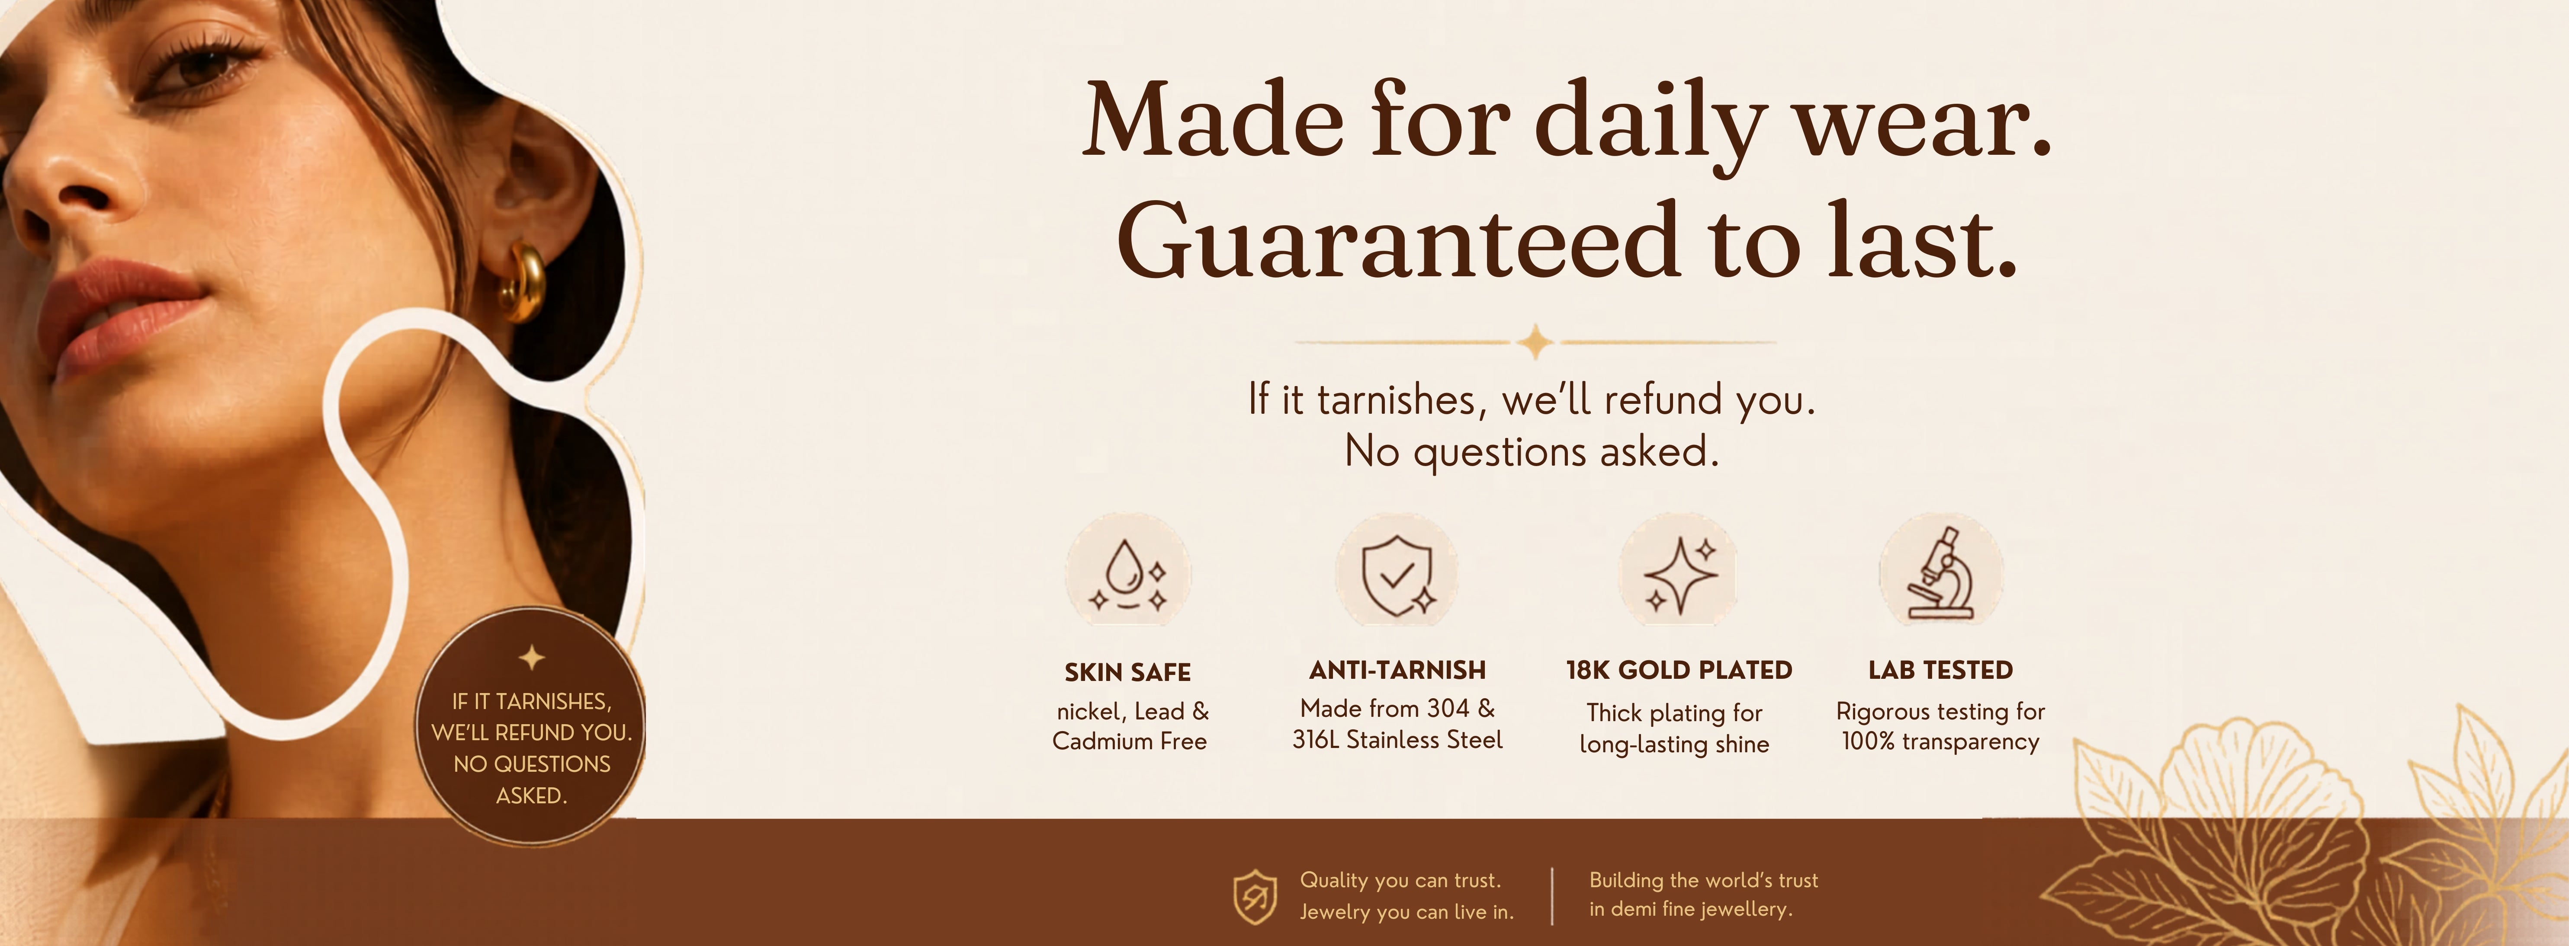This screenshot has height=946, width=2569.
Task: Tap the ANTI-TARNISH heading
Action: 1397,670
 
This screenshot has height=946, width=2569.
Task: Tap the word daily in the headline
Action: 1651,125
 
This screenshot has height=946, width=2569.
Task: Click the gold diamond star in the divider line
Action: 1536,342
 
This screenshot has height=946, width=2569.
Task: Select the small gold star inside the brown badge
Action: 532,657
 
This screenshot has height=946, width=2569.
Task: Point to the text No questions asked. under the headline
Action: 1532,451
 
